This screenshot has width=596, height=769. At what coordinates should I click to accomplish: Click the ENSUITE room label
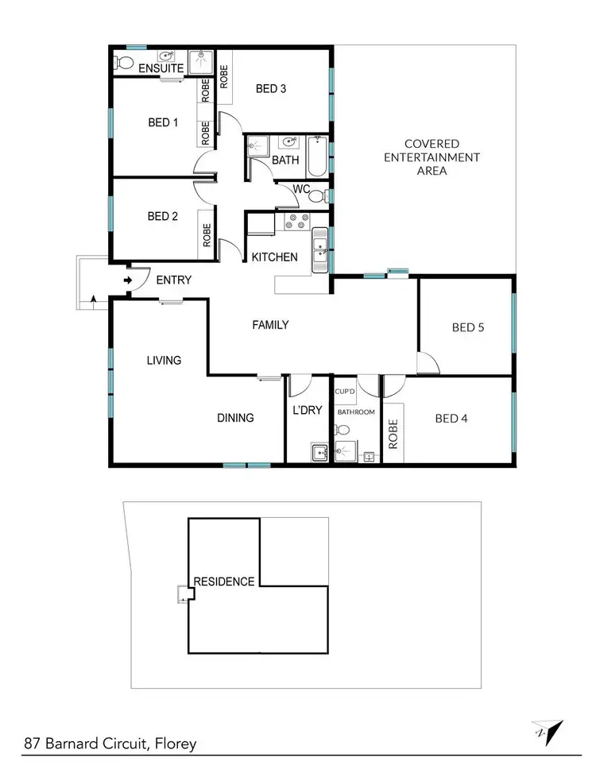click(162, 69)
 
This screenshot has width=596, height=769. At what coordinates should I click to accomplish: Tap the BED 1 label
click(164, 122)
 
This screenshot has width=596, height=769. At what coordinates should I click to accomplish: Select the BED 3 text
click(271, 89)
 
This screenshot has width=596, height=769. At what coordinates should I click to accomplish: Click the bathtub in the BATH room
click(318, 156)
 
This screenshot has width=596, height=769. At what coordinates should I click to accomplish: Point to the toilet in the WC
click(316, 196)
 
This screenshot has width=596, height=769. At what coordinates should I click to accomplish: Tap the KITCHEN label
click(275, 257)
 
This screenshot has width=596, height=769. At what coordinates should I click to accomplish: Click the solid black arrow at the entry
click(128, 280)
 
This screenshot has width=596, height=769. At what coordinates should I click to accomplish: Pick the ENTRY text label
click(174, 280)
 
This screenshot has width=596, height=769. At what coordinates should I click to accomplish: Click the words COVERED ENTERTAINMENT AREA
click(432, 157)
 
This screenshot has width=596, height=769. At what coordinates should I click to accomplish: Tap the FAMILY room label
click(270, 325)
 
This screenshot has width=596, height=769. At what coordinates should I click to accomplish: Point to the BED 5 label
click(468, 327)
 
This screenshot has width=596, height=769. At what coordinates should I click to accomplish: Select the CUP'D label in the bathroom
click(344, 392)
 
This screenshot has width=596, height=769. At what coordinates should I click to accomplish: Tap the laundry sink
click(319, 453)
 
